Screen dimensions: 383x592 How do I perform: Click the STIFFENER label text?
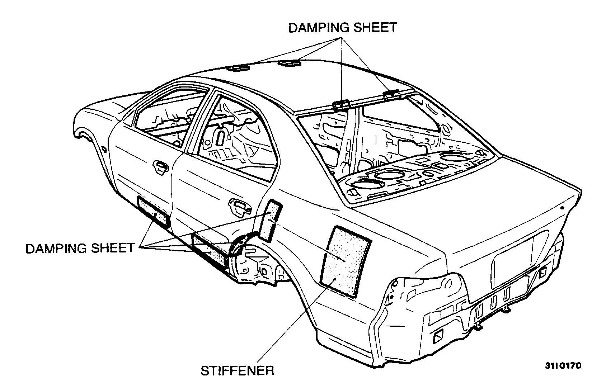[x=237, y=370]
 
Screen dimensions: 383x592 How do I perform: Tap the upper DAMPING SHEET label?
[x=343, y=28]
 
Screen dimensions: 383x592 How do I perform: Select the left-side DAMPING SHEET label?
[x=80, y=248]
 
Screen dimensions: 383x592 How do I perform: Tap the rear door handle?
[x=237, y=207]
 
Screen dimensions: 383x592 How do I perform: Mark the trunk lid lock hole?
[x=562, y=208]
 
